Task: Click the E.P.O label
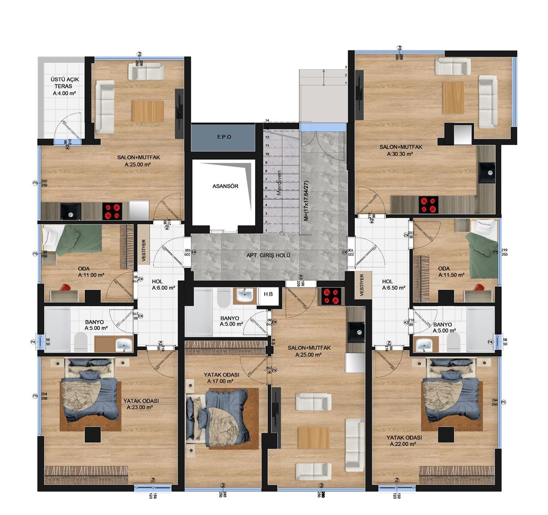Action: point(224,137)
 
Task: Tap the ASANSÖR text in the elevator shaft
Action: point(225,186)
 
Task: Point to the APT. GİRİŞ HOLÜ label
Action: point(269,255)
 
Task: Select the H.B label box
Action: point(268,294)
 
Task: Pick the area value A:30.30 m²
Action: point(397,154)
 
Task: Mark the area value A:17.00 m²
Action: point(220,381)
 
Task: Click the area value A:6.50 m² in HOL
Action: point(393,288)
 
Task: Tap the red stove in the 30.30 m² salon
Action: point(428,205)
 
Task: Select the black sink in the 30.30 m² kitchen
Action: point(487,172)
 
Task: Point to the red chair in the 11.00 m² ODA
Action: point(65,288)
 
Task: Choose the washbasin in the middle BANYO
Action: point(246,295)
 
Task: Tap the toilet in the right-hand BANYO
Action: point(454,340)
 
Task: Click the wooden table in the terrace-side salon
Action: point(147,111)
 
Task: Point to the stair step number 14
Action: point(268,121)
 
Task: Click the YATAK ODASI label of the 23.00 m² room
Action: point(141,401)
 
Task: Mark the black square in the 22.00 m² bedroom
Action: point(446,435)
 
